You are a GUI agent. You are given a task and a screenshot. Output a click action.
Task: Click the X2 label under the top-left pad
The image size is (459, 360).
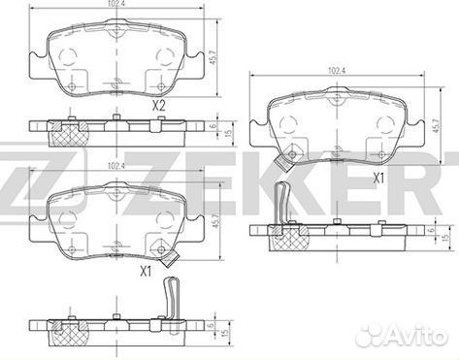pos(158,105)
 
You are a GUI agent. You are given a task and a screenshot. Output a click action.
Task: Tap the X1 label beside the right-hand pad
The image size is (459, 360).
pos(379,180)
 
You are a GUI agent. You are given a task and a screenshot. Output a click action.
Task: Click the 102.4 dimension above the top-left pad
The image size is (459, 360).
pos(115,7)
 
